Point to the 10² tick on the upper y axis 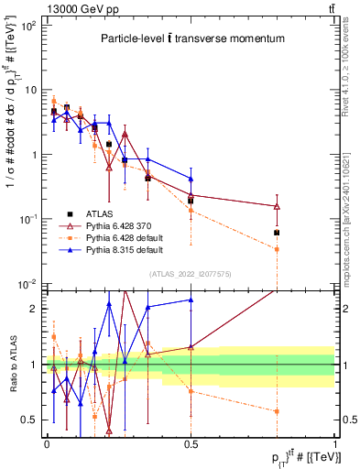click(30, 26)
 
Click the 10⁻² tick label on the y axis click(30, 283)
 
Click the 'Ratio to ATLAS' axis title click(12, 364)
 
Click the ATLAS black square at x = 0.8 click(277, 233)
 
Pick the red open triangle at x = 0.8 click(277, 206)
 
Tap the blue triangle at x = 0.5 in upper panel click(191, 179)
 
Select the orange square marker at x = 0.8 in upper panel click(277, 249)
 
